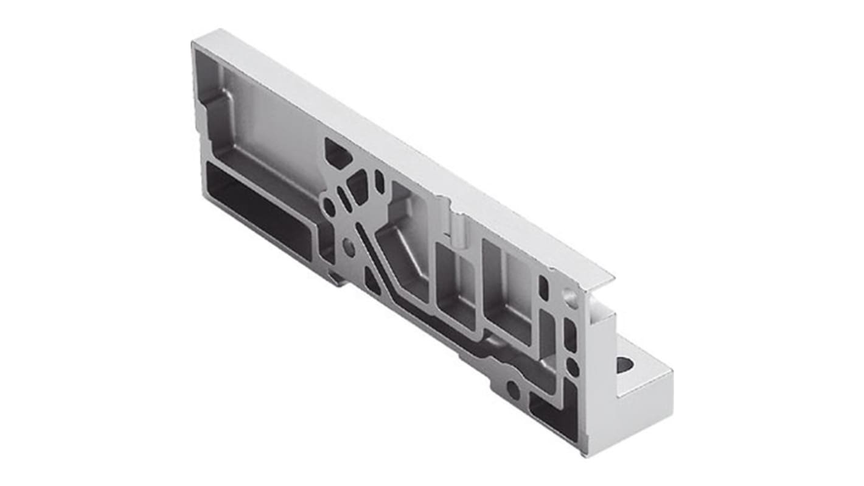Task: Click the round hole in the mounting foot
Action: (x=625, y=364)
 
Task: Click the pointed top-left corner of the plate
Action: (x=193, y=43)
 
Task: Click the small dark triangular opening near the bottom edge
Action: (x=372, y=281)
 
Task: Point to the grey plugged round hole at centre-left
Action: (x=349, y=246)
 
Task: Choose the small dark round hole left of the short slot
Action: (x=329, y=206)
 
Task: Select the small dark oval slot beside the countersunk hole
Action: (x=543, y=287)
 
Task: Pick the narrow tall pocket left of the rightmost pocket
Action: (x=455, y=280)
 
